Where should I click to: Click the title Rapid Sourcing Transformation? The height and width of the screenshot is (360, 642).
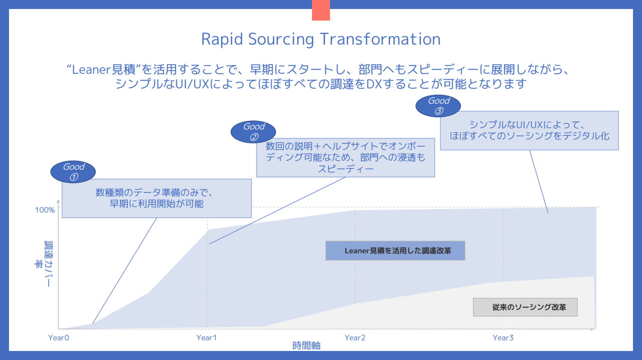coord(321,39)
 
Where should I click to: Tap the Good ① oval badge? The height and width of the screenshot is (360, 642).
coord(74,171)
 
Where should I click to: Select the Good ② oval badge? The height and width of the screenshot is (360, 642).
coord(254,131)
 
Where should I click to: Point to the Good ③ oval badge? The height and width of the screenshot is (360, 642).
coord(439,106)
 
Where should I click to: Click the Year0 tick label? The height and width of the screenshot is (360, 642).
coord(59,338)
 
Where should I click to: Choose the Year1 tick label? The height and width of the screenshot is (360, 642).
coord(207,338)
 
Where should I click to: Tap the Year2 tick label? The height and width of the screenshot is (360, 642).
coord(355,338)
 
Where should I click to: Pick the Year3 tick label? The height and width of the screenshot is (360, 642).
coord(503,338)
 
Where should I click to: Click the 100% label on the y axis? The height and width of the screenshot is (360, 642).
coord(45,210)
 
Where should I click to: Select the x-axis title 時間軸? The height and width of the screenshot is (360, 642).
coord(306,345)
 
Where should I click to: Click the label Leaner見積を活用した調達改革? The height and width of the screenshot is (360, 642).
coord(395,251)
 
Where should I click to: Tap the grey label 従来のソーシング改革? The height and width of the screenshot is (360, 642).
coord(525,307)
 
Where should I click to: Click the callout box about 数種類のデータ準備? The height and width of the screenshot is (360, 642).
coord(156,198)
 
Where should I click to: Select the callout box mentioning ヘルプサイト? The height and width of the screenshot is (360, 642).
coord(346,157)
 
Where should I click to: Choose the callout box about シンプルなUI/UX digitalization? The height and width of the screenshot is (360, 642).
coord(529,130)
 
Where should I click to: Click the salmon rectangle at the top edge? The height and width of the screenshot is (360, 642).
coord(321,10)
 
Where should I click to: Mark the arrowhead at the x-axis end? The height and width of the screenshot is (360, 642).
coord(593,329)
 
